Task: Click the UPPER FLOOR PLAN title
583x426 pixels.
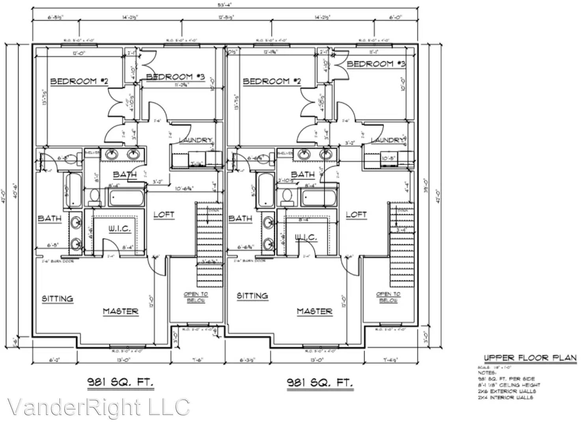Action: pyautogui.click(x=530, y=358)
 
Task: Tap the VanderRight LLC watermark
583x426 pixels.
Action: pyautogui.click(x=98, y=407)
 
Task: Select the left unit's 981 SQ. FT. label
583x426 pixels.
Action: pyautogui.click(x=120, y=382)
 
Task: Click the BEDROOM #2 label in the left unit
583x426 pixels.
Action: pyautogui.click(x=79, y=81)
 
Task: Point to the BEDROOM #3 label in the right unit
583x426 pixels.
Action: pyautogui.click(x=376, y=64)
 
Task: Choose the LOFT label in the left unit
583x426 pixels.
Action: pyautogui.click(x=164, y=215)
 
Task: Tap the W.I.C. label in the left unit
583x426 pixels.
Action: pyautogui.click(x=120, y=229)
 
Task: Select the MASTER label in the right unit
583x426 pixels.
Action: pyautogui.click(x=314, y=312)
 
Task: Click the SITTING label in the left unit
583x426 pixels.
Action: pyautogui.click(x=58, y=299)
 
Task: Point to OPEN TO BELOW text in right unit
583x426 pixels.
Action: pyautogui.click(x=388, y=297)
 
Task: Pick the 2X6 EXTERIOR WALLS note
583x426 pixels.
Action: pyautogui.click(x=506, y=391)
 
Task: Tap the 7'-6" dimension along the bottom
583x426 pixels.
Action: pyautogui.click(x=196, y=360)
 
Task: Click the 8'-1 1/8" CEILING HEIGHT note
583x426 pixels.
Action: pyautogui.click(x=509, y=385)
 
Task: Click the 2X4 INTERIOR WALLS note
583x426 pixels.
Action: pyautogui.click(x=506, y=398)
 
